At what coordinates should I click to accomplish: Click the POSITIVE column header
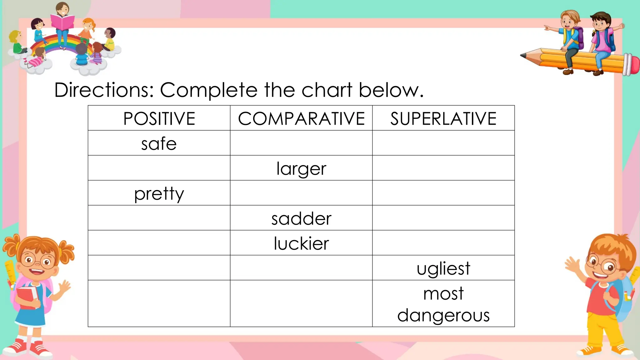pyautogui.click(x=159, y=118)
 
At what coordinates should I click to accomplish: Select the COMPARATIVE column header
pyautogui.click(x=301, y=118)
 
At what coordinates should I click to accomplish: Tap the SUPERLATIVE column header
pyautogui.click(x=443, y=118)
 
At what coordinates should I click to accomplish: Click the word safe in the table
pyautogui.click(x=159, y=144)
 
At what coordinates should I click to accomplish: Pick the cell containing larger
pyautogui.click(x=301, y=169)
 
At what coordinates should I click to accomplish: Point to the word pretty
pyautogui.click(x=159, y=194)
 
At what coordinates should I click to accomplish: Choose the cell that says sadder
pyautogui.click(x=301, y=218)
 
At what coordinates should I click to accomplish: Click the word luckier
pyautogui.click(x=301, y=243)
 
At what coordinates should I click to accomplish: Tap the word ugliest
pyautogui.click(x=443, y=268)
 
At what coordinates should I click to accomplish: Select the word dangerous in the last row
pyautogui.click(x=443, y=315)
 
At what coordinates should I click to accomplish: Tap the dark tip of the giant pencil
pyautogui.click(x=523, y=56)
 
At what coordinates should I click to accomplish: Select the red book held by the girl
pyautogui.click(x=27, y=297)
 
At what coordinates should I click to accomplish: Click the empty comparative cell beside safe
pyautogui.click(x=301, y=143)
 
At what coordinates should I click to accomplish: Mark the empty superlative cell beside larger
pyautogui.click(x=443, y=168)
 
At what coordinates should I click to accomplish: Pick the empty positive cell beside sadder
pyautogui.click(x=159, y=218)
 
